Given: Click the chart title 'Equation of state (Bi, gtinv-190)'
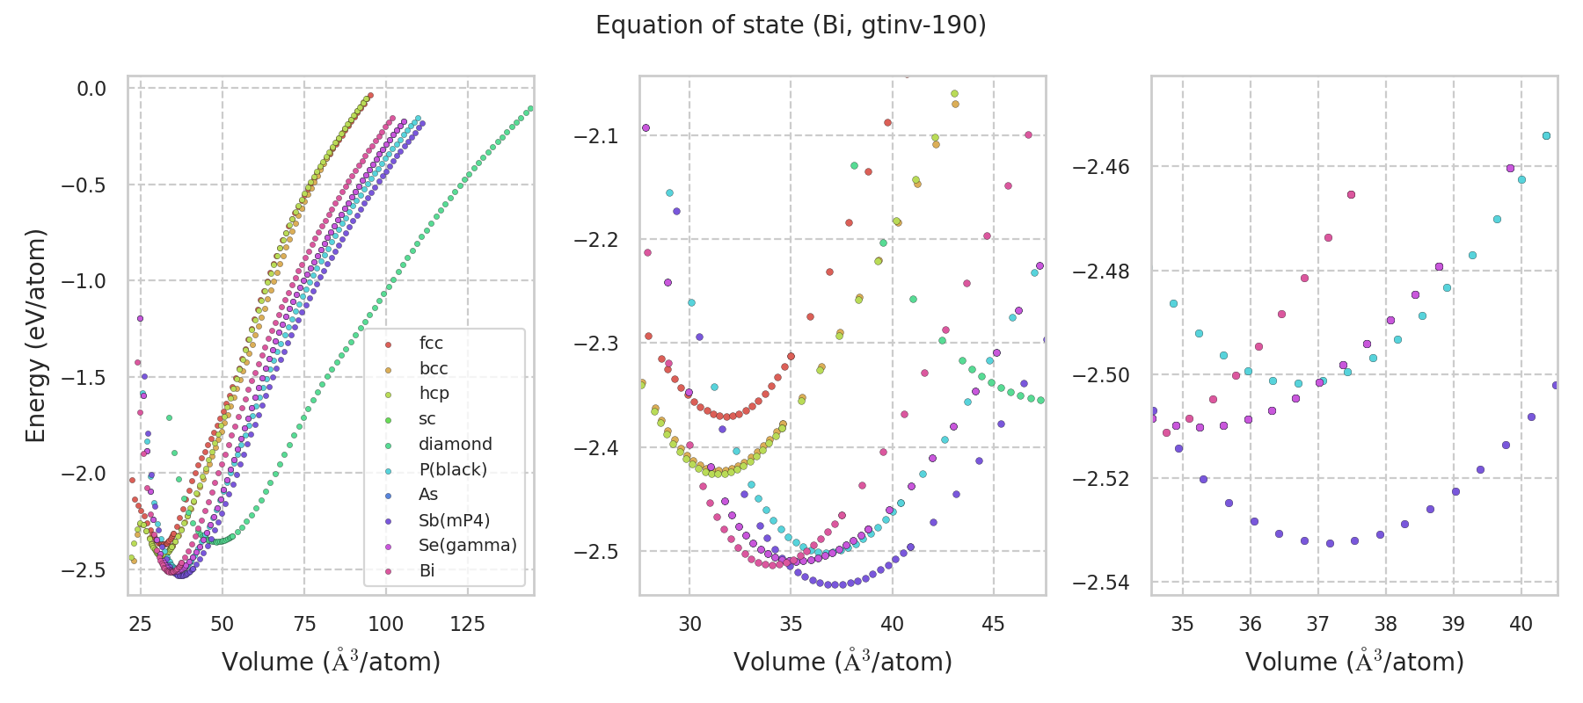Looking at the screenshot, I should tap(791, 25).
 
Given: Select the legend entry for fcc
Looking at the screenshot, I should tap(431, 344).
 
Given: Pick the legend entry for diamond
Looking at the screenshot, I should tap(455, 445).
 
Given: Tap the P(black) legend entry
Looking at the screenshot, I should tap(452, 469).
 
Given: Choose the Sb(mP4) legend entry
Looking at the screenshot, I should tap(454, 520).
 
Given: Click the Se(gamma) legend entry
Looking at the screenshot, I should tap(467, 545).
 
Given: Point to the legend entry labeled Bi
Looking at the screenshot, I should tap(427, 570).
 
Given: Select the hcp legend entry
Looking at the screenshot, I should tap(434, 394).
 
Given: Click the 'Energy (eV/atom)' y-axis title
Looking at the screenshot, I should tap(35, 336).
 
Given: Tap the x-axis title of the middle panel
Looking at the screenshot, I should tap(843, 662).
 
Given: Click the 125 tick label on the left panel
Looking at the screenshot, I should tap(467, 624).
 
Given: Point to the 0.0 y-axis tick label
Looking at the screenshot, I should tap(91, 89).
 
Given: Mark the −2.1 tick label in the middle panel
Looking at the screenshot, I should tap(595, 136).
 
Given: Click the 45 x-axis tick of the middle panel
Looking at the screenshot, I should tap(993, 624).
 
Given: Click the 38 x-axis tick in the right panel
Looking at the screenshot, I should tap(1385, 624).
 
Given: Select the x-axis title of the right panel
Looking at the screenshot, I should tap(1354, 662).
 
